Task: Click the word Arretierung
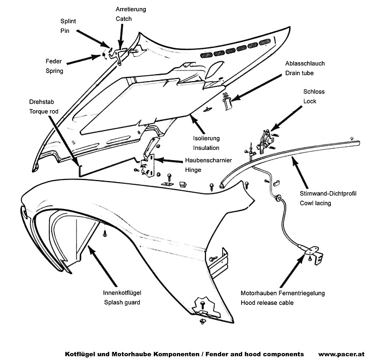pos(131,9)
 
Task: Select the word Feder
pos(53,61)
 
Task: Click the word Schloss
pos(314,91)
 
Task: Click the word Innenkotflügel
pos(122,293)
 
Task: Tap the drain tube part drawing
pos(226,100)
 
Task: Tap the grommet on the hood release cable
pos(278,198)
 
